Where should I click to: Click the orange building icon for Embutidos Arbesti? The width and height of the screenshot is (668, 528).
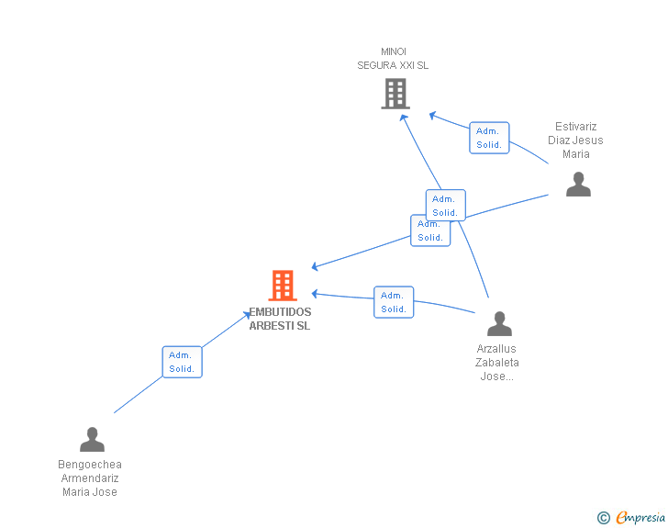[x=283, y=286]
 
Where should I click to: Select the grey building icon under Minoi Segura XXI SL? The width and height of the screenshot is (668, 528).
[x=395, y=94]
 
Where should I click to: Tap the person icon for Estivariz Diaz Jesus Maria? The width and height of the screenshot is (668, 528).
[x=578, y=185]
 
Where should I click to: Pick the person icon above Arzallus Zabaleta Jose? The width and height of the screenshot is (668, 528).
[x=499, y=324]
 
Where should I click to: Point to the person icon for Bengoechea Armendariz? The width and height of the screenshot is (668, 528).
[x=92, y=439]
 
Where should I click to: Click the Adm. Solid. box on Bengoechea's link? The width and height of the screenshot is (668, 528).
[x=183, y=362]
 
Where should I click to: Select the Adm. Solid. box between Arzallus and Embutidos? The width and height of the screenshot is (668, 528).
[x=394, y=302]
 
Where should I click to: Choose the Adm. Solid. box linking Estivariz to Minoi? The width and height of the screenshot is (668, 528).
[x=489, y=138]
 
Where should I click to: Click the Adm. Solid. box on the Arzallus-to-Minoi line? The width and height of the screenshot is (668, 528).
[x=446, y=205]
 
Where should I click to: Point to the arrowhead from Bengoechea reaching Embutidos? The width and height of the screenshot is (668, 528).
[x=247, y=315]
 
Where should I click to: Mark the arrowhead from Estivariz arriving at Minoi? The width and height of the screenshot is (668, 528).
[x=432, y=115]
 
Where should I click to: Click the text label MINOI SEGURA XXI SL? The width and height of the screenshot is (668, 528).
[x=393, y=59]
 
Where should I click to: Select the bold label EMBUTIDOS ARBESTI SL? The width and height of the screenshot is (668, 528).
[x=280, y=319]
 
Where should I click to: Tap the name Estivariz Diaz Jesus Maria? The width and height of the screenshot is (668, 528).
[x=575, y=140]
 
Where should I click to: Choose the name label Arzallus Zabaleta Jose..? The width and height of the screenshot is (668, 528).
[x=496, y=362]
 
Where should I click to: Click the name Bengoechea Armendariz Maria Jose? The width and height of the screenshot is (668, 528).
[x=90, y=477]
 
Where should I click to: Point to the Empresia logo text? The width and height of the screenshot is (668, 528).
[x=640, y=517]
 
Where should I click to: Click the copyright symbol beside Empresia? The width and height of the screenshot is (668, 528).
[x=603, y=518]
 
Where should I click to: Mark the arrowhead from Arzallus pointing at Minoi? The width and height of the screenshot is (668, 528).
[x=404, y=118]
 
